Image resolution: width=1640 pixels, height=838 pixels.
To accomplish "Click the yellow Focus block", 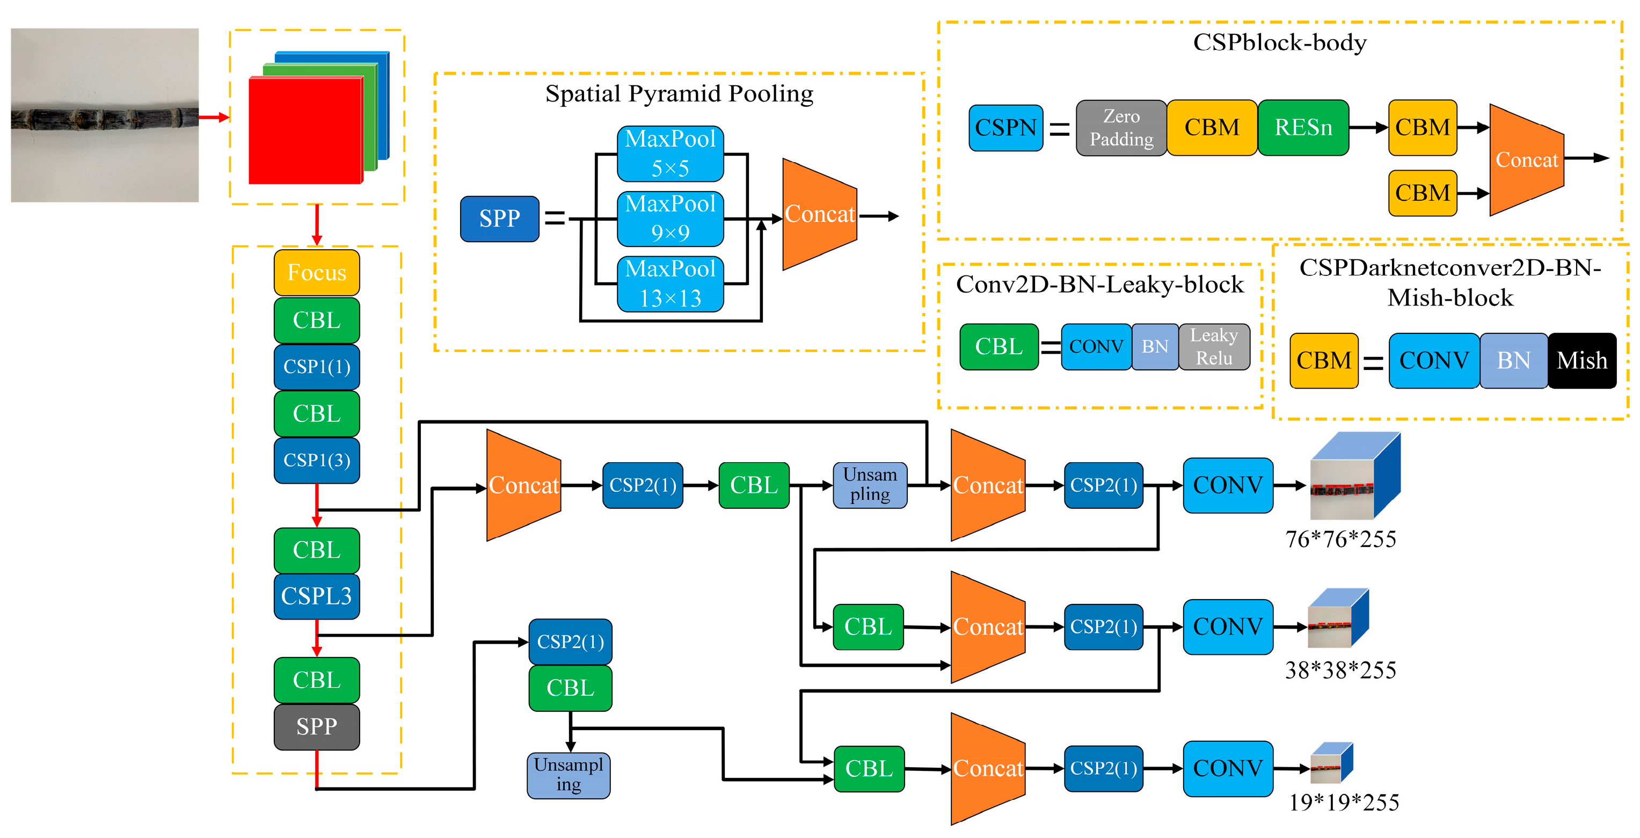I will click(316, 273).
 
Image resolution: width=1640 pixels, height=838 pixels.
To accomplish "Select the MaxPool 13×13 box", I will click(670, 284).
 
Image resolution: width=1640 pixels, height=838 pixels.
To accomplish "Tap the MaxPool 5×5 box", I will click(670, 154).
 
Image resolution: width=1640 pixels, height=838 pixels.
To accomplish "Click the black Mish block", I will click(1581, 360).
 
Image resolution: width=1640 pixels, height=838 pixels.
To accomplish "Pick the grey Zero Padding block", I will click(1121, 127).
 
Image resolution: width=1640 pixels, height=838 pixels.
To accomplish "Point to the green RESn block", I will click(1302, 127).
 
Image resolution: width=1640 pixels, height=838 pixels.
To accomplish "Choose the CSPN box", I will click(1005, 127).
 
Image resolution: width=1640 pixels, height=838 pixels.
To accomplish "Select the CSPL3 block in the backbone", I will click(316, 596).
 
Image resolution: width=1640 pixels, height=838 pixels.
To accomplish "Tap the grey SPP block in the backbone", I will click(316, 726).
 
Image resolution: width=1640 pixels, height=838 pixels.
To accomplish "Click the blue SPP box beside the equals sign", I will click(499, 218).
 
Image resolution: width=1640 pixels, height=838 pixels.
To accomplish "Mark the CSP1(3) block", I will click(316, 460).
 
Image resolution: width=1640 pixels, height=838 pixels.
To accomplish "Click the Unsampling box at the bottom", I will click(568, 775).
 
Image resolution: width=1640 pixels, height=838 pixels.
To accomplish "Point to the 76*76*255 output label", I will click(1340, 540).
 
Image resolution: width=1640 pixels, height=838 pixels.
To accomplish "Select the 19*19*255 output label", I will click(1343, 803).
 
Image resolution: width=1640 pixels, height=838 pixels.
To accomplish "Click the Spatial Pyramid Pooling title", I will click(679, 93).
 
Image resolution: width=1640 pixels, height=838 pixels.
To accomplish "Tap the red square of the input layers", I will click(305, 130).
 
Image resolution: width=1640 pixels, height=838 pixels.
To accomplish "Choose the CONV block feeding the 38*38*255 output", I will click(1228, 626).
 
